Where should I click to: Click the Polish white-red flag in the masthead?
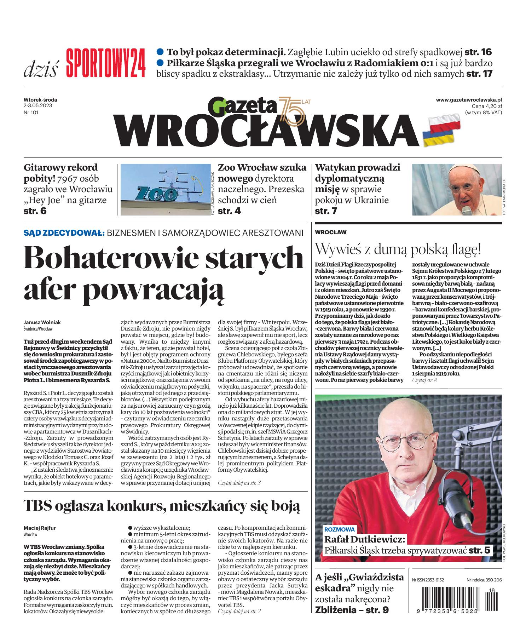pos(444,121)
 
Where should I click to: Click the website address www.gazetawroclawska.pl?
pos(469,100)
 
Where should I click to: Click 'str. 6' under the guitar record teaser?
pos(35,211)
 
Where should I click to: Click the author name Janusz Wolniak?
pos(42,322)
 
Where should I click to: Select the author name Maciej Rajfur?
pos(40,528)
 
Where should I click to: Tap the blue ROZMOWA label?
pos(340,530)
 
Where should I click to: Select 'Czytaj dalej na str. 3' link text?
pos(239,483)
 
